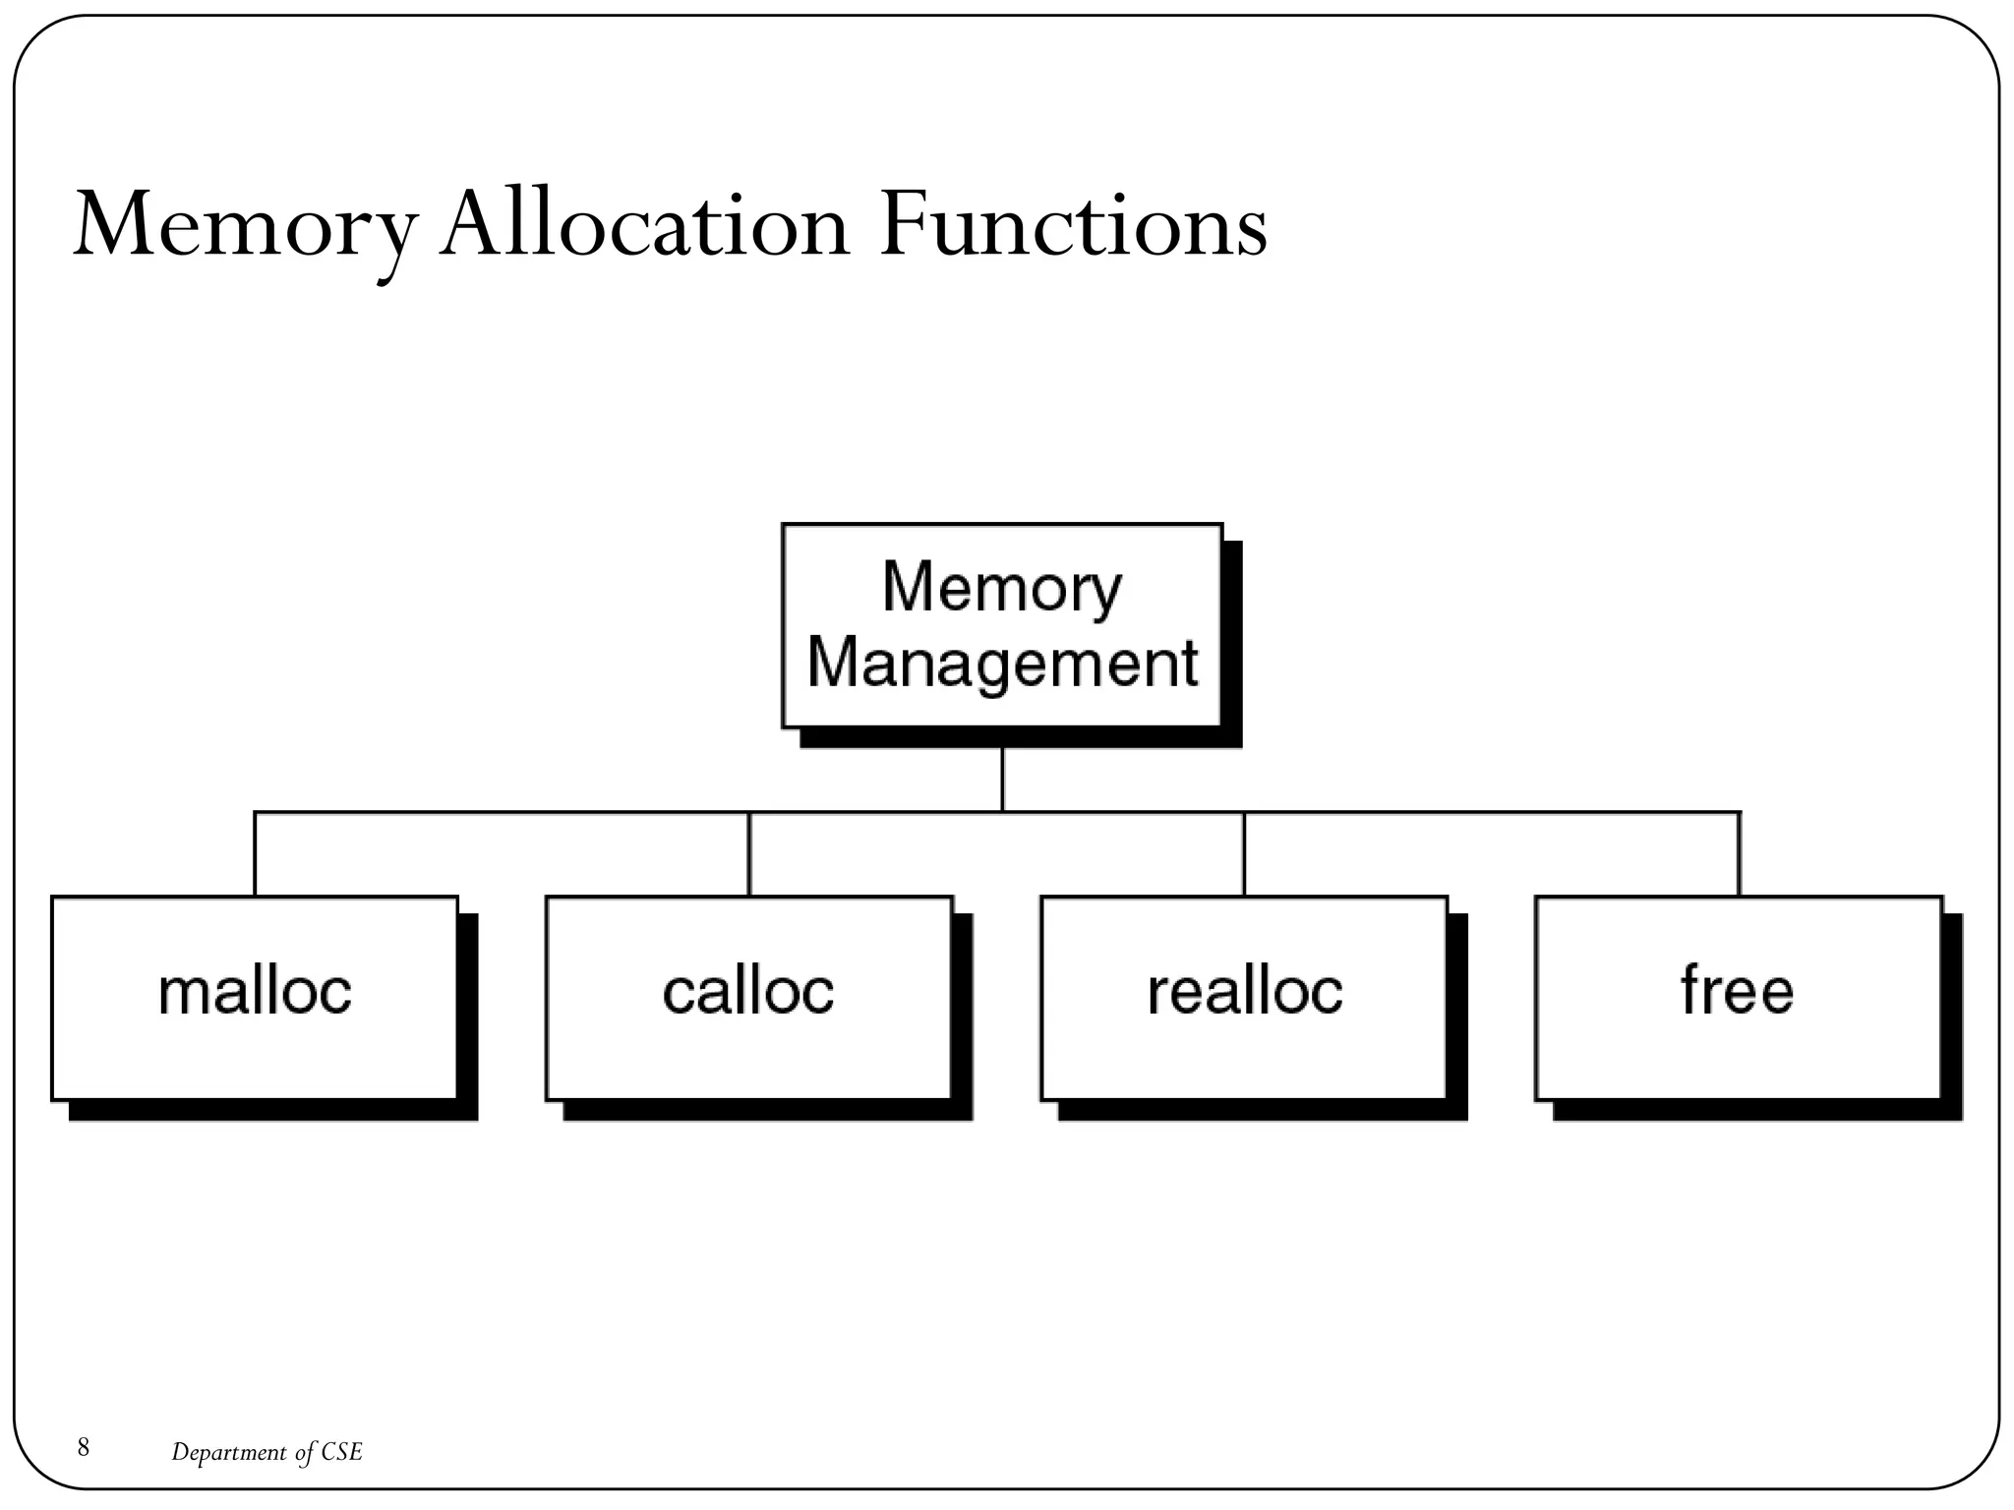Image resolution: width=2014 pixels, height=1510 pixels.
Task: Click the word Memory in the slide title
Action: (244, 228)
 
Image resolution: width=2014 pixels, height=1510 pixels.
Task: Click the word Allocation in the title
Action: (644, 228)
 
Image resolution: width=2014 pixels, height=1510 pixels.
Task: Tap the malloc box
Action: (255, 997)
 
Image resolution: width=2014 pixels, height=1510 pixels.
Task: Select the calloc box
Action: (748, 997)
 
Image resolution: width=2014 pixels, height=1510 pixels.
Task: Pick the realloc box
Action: (1244, 997)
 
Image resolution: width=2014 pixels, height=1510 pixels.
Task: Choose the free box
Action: (1738, 997)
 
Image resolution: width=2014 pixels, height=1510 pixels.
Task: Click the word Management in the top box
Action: (1002, 663)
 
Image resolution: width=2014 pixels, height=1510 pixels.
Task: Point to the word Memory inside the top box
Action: (1002, 588)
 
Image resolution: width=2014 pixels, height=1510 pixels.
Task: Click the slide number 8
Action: (84, 1447)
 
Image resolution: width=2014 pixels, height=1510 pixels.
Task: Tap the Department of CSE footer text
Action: (267, 1452)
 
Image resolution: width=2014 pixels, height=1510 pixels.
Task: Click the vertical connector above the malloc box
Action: (255, 853)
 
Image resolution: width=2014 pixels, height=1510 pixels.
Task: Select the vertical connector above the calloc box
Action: (749, 853)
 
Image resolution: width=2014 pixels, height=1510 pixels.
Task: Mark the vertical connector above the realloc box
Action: (1244, 853)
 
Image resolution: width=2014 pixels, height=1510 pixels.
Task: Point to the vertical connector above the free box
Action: (1739, 853)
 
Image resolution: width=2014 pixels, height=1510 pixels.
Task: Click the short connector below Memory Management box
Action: (1002, 780)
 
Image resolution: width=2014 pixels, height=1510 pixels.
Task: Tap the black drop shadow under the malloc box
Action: (273, 1111)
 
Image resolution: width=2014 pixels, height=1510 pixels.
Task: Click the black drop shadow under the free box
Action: (1757, 1111)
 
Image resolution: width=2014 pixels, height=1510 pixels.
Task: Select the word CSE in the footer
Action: (342, 1452)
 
